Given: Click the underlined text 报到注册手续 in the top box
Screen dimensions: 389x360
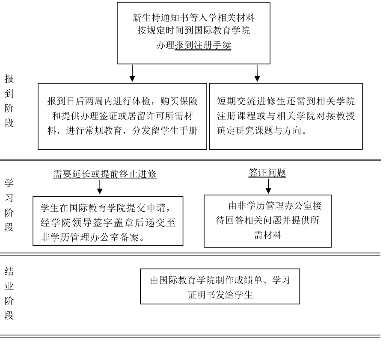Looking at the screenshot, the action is [x=203, y=45].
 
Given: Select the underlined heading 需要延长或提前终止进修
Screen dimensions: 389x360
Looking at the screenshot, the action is [x=105, y=174].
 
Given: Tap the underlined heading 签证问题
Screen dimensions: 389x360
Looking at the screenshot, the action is [x=267, y=173].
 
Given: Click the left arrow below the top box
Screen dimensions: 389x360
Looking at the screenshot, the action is [x=132, y=73].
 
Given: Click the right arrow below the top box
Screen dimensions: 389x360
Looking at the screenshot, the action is [x=257, y=73].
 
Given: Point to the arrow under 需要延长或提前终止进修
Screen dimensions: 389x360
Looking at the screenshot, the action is [x=100, y=187].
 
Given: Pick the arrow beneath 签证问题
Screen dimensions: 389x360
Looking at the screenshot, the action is [x=268, y=186].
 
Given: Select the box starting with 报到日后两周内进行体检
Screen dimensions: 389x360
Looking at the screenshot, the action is [x=122, y=116].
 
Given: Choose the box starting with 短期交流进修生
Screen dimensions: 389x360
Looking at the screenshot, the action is [x=286, y=116].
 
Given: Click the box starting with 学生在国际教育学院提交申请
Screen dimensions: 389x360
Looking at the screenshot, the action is [x=108, y=221].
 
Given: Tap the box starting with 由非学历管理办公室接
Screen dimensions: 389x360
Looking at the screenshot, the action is [x=267, y=221].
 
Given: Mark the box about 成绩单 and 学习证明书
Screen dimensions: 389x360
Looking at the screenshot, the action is [x=220, y=286].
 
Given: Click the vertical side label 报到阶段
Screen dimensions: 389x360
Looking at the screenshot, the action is [x=9, y=101].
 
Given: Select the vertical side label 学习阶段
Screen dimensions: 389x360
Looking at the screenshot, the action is [x=9, y=205].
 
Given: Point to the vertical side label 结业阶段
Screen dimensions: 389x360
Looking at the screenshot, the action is [x=9, y=293].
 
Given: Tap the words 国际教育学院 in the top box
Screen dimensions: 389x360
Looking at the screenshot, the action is [x=222, y=30].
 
